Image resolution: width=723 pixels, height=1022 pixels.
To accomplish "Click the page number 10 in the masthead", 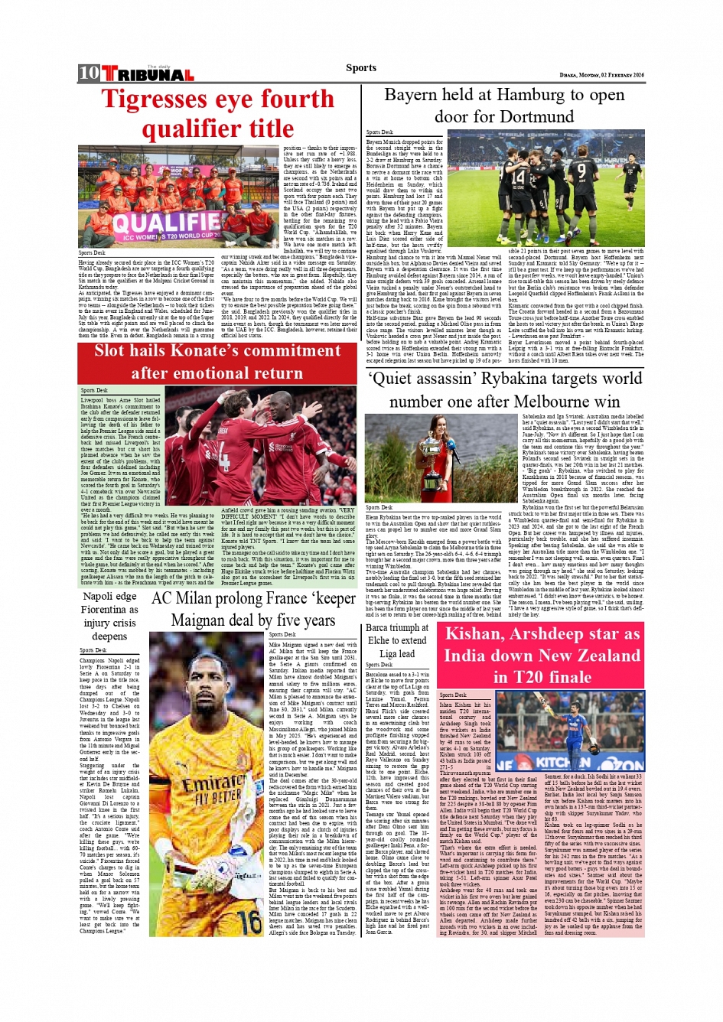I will coord(89,73).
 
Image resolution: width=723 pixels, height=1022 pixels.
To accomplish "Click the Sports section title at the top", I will coord(361,68).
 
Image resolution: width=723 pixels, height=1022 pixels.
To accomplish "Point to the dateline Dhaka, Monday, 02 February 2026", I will coord(601,75).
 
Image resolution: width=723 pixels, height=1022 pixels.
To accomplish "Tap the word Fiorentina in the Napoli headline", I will coord(109,610).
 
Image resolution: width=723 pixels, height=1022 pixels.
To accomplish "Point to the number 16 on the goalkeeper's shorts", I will coord(249,923).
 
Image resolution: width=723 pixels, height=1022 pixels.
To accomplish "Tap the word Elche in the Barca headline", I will coord(379,641).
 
